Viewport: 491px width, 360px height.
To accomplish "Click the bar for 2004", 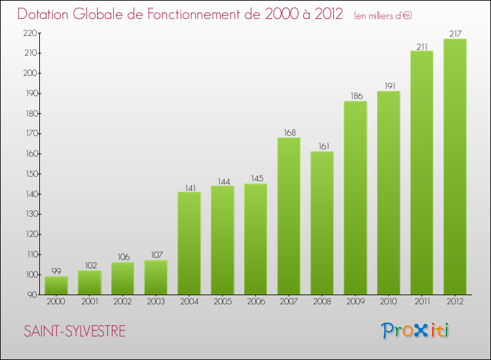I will [x=189, y=243].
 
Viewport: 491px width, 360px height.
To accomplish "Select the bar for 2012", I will [x=455, y=166].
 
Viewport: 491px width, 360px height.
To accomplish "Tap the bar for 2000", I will [x=56, y=285].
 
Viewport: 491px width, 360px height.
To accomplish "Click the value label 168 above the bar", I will [x=289, y=132].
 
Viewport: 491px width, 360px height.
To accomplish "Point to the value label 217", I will [x=455, y=33].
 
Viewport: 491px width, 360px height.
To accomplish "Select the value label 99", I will [x=56, y=271].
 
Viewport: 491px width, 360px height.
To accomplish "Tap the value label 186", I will [x=355, y=96].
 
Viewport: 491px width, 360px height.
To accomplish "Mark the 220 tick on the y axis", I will [x=29, y=33].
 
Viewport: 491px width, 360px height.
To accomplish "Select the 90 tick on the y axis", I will [x=31, y=295].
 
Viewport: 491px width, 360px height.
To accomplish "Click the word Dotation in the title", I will [x=48, y=14].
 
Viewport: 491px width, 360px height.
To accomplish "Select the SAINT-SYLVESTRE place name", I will [x=75, y=332].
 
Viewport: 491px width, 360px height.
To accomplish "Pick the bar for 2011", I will [x=422, y=173].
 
